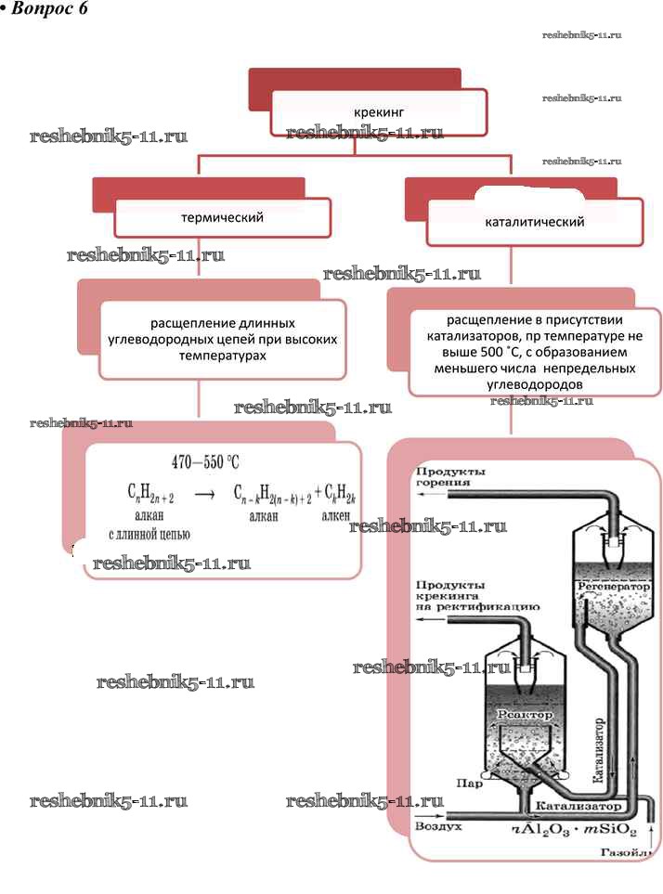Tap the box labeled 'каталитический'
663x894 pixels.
(534, 223)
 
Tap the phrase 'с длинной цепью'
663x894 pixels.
(149, 534)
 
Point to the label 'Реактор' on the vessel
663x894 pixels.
(525, 715)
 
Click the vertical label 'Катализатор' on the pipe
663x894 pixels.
(598, 752)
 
